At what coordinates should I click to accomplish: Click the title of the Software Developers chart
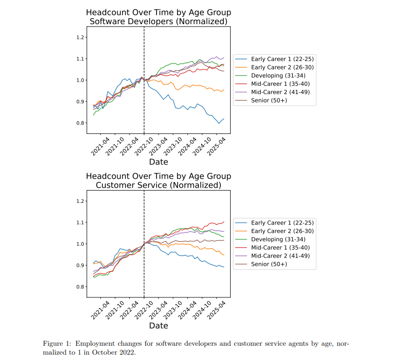click(158, 17)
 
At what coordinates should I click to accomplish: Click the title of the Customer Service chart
click(158, 181)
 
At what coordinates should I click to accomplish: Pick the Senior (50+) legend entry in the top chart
click(269, 100)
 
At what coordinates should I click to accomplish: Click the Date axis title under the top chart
click(158, 162)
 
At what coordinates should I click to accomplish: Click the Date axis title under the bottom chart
click(158, 326)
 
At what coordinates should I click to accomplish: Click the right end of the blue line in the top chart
click(224, 119)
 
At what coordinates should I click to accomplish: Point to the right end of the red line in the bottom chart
click(224, 222)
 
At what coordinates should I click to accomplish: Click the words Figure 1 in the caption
click(57, 343)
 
